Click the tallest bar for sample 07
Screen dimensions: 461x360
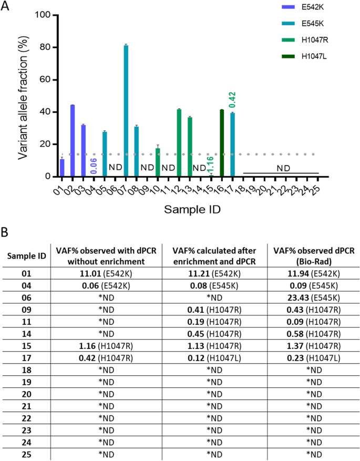coord(126,111)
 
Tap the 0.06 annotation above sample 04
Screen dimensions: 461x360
coord(94,166)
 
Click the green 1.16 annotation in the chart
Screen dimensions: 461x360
coord(211,165)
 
